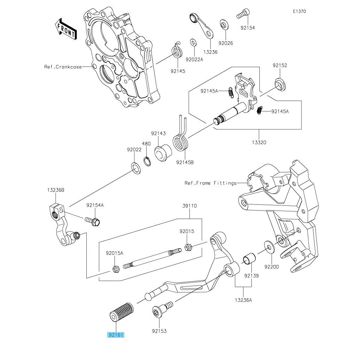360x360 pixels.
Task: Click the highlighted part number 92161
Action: point(116,335)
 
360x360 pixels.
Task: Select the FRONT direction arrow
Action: point(65,29)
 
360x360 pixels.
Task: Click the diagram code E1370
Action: point(299,11)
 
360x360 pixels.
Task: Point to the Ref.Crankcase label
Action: point(63,67)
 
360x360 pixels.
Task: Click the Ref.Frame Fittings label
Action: point(210,183)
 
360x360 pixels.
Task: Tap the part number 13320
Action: point(259,142)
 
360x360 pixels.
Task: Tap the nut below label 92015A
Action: point(117,269)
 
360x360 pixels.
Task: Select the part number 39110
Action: point(189,206)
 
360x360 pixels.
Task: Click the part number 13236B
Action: point(56,190)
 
